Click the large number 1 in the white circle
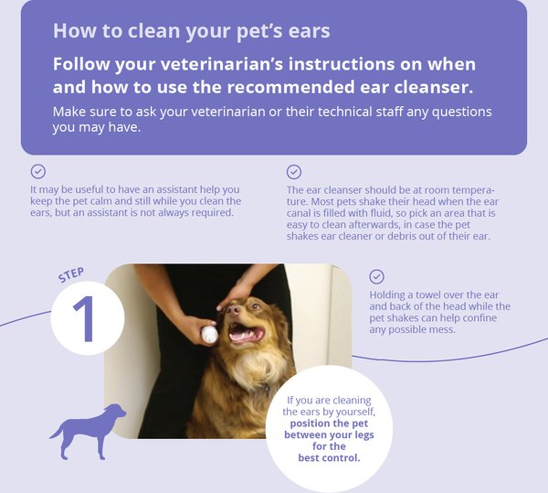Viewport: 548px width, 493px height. tap(84, 319)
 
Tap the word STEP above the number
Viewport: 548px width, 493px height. tap(71, 275)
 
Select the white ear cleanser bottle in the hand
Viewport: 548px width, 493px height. tap(209, 335)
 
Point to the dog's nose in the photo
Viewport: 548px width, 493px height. tap(233, 310)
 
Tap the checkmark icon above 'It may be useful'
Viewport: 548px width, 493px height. tap(38, 171)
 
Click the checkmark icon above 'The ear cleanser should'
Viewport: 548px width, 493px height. tap(294, 172)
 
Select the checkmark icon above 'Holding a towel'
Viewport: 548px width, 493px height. tap(376, 276)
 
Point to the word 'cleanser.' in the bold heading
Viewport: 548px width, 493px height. tap(433, 87)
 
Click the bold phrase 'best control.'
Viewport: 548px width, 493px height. tap(329, 457)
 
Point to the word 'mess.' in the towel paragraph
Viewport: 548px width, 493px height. tap(444, 329)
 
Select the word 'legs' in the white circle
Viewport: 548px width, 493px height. tap(364, 435)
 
